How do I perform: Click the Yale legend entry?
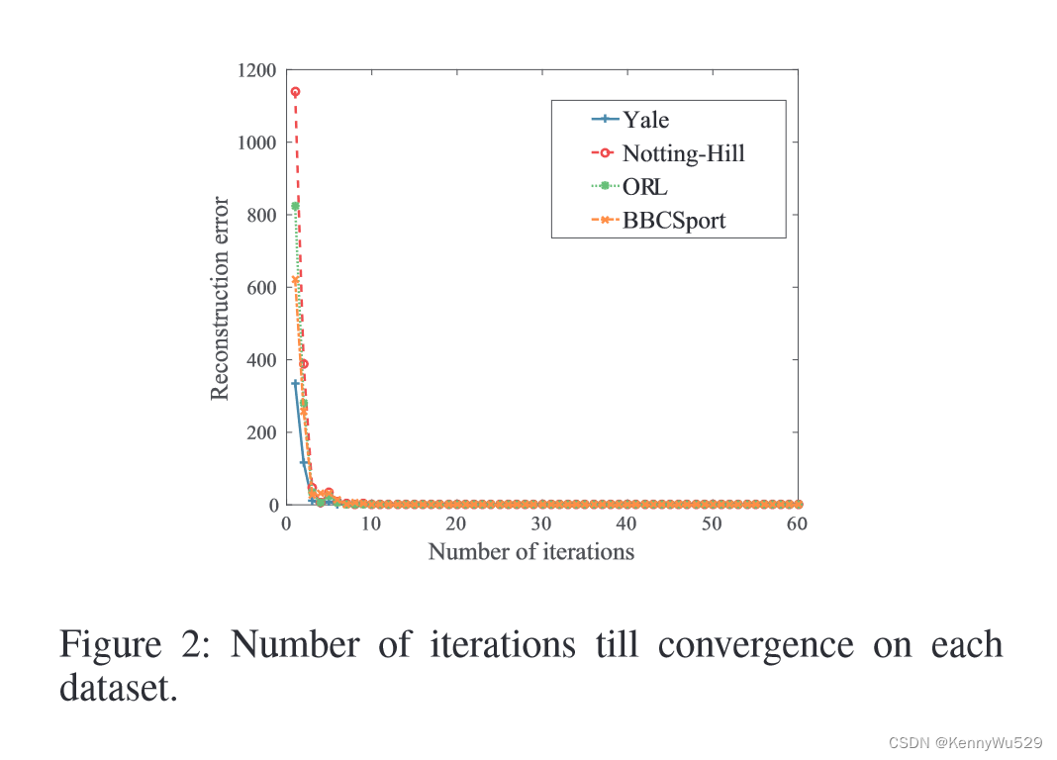pos(645,120)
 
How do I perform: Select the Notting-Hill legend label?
pos(683,153)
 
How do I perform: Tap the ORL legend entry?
pos(645,186)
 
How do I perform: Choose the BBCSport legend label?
pos(673,220)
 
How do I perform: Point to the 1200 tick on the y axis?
pos(256,70)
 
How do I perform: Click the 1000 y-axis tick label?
pos(256,142)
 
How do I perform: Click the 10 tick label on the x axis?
pos(371,523)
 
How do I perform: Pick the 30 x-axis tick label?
pos(541,523)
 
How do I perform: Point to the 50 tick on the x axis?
pos(712,523)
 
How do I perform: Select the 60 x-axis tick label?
pos(797,523)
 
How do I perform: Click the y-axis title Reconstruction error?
pos(220,299)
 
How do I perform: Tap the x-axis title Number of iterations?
pos(530,551)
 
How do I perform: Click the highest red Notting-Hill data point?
pos(295,92)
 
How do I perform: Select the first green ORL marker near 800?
pos(295,206)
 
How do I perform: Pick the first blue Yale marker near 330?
pos(295,384)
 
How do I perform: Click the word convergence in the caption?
pos(755,644)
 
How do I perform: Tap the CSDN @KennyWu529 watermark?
pos(966,741)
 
